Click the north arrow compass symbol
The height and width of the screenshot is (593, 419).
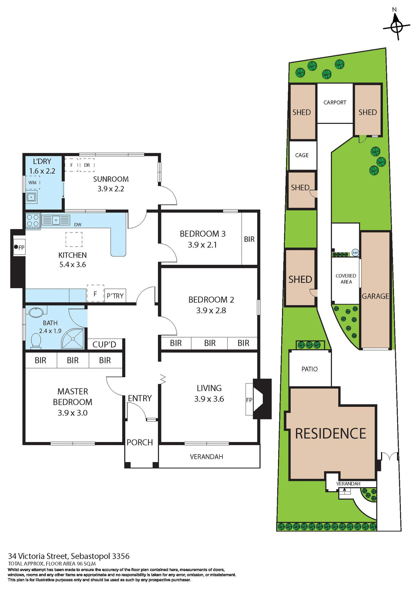[396, 27]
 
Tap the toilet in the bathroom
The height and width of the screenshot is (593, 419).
[36, 342]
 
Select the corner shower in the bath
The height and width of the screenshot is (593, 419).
[73, 339]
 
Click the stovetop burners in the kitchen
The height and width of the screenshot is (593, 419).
[33, 221]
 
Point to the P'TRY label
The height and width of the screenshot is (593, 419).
[115, 296]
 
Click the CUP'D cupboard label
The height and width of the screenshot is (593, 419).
[104, 344]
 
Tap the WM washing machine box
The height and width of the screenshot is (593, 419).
[32, 183]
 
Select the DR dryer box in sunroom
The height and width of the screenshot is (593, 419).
[87, 165]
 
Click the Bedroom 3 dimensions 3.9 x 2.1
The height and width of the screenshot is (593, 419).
[202, 245]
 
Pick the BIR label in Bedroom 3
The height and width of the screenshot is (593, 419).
[249, 239]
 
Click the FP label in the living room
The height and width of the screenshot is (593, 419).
[249, 400]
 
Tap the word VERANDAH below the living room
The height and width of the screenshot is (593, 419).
[206, 456]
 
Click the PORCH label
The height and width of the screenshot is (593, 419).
[140, 442]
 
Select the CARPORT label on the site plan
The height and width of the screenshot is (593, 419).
[335, 103]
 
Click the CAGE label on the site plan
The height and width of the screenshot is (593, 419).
[302, 155]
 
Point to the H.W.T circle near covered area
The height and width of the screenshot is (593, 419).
[355, 253]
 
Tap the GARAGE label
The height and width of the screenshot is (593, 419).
[375, 296]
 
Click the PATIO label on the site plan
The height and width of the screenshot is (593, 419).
[309, 369]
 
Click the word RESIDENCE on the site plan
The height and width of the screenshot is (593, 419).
[330, 434]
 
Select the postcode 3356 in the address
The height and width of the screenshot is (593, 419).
[121, 556]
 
